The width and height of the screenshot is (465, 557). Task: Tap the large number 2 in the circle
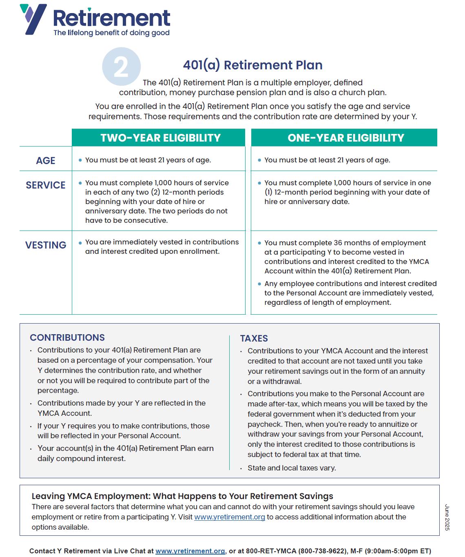(121, 67)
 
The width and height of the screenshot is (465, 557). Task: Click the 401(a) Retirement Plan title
(252, 65)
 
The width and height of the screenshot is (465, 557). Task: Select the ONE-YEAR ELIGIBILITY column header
(345, 138)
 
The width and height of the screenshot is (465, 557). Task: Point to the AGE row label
(46, 161)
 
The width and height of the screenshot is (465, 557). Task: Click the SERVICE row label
(46, 185)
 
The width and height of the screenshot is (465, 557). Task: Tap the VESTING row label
(46, 245)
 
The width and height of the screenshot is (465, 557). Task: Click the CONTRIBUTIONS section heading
(67, 337)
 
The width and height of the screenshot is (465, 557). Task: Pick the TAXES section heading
(254, 338)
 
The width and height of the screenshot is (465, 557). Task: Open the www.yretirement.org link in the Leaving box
(229, 517)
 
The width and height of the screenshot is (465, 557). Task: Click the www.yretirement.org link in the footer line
(190, 551)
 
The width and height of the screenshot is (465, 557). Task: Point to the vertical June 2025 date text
(447, 517)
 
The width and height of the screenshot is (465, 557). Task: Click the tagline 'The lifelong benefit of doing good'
(111, 33)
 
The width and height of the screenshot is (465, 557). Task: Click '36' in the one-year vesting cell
(338, 243)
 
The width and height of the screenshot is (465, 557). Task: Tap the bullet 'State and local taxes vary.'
(292, 468)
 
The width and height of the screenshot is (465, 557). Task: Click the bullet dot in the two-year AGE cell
(80, 160)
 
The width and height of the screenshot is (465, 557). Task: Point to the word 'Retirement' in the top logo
(111, 18)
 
